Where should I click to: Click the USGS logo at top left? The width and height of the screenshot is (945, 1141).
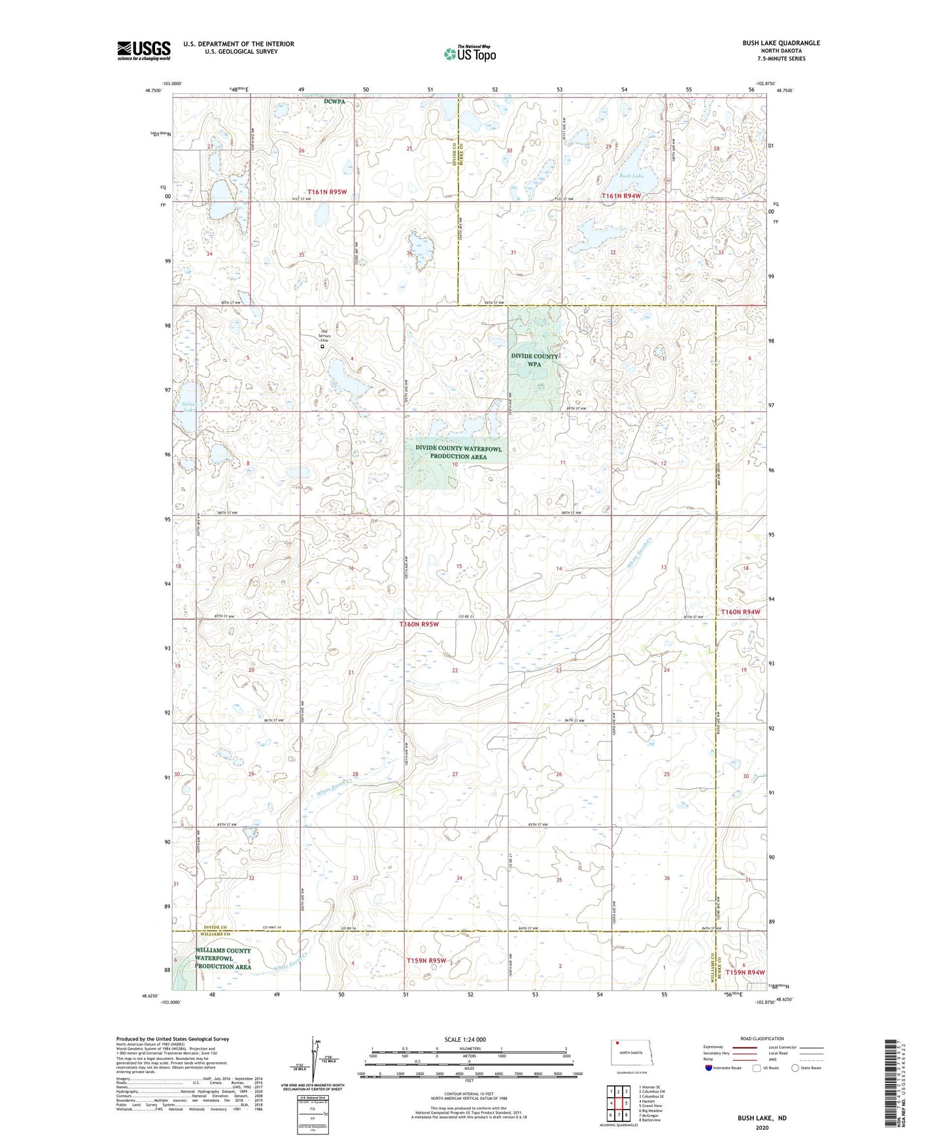[x=144, y=50]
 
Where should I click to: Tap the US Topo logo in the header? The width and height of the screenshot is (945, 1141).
[x=470, y=53]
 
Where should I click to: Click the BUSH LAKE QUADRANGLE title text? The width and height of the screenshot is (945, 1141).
[x=781, y=43]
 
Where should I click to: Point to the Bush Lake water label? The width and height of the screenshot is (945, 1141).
[x=631, y=176]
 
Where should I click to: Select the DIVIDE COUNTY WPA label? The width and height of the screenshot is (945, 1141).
[x=534, y=360]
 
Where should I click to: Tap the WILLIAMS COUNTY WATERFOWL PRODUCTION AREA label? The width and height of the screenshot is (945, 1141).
[x=223, y=958]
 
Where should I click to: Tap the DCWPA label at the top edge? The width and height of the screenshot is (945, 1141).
[x=334, y=101]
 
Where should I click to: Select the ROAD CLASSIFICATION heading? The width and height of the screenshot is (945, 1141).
[x=763, y=1038]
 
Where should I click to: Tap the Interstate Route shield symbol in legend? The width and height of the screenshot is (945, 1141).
[x=709, y=1068]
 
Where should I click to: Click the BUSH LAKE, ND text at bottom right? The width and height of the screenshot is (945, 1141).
[x=762, y=1118]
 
